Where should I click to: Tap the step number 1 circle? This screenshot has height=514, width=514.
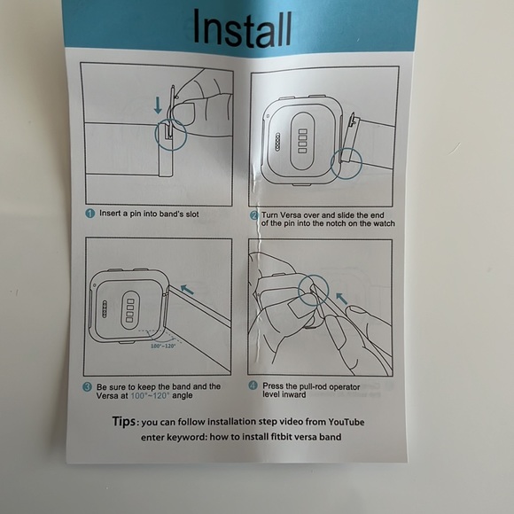(90, 214)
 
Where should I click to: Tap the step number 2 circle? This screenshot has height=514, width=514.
(254, 215)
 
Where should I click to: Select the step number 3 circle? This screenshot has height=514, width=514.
(87, 387)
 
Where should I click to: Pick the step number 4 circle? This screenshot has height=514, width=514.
(253, 385)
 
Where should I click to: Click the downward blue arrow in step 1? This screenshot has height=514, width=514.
(158, 105)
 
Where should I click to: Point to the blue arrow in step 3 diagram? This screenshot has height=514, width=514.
(187, 290)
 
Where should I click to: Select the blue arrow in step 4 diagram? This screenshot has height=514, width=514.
(342, 299)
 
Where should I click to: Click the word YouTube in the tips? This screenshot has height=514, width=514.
(347, 422)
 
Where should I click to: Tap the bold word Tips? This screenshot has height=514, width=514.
(123, 421)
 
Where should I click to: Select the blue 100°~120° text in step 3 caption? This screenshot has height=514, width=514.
(150, 395)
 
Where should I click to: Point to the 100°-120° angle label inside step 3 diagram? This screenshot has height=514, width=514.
(163, 346)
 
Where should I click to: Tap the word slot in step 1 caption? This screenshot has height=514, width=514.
(192, 214)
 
